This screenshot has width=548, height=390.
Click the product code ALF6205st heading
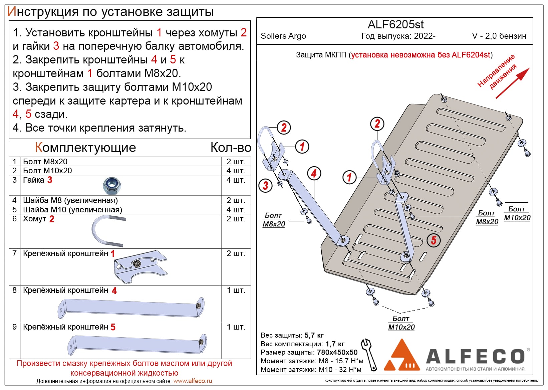pyautogui.click(x=395, y=25)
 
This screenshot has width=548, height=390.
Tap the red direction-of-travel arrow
pyautogui.click(x=512, y=83)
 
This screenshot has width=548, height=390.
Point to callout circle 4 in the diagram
pyautogui.click(x=314, y=173)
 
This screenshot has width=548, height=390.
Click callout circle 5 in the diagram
pyautogui.click(x=434, y=240)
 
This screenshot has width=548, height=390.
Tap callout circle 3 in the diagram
pyautogui.click(x=265, y=185)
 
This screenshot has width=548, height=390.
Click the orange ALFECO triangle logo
pyautogui.click(x=401, y=356)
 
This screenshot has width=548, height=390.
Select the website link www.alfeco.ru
pyautogui.click(x=193, y=381)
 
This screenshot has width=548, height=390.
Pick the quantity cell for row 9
pyautogui.click(x=236, y=327)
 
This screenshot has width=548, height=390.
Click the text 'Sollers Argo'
pyautogui.click(x=283, y=36)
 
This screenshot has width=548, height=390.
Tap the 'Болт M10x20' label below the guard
pyautogui.click(x=401, y=323)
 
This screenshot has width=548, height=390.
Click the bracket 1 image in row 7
pyautogui.click(x=140, y=266)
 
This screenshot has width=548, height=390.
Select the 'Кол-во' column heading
pyautogui.click(x=231, y=148)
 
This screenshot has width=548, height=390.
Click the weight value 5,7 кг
pyautogui.click(x=314, y=335)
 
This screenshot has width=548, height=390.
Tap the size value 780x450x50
pyautogui.click(x=336, y=352)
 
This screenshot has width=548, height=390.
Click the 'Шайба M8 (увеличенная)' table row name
pyautogui.click(x=70, y=200)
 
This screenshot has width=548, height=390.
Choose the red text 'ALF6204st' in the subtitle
pyautogui.click(x=471, y=55)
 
